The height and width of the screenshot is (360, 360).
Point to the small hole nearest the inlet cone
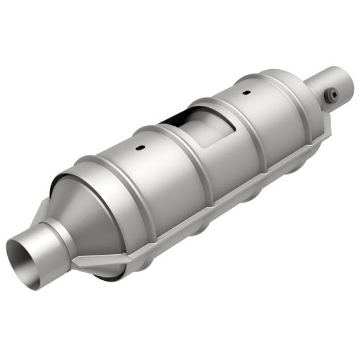[x=140, y=148]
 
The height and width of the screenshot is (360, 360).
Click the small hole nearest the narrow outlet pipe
[x=246, y=92]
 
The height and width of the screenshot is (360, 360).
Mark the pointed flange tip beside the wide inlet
[x=79, y=269]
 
